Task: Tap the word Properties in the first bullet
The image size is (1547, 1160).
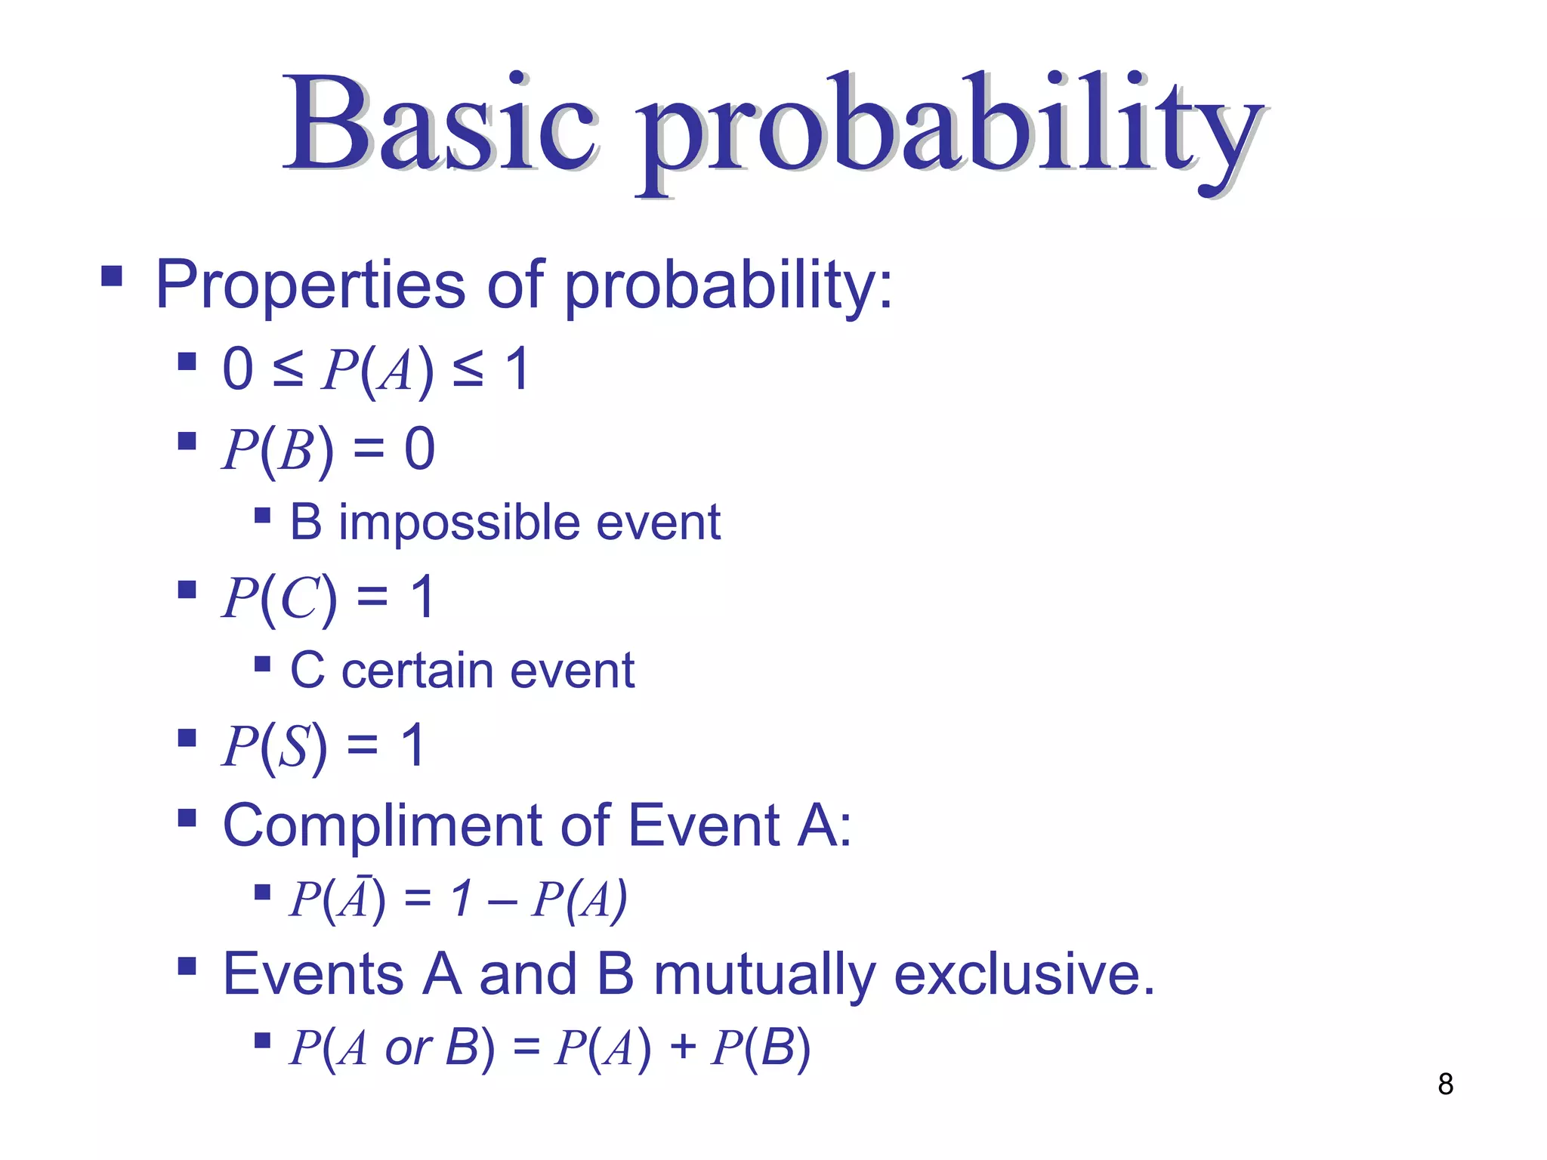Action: coord(310,285)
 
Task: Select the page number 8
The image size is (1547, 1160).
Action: coord(1445,1084)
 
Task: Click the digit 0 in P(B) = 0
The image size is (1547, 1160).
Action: coord(420,449)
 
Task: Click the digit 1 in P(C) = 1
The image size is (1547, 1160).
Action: coord(422,597)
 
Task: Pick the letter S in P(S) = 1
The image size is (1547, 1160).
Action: coord(293,746)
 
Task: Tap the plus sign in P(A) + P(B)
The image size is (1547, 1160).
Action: coord(682,1047)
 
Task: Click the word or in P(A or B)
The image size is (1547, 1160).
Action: coord(408,1048)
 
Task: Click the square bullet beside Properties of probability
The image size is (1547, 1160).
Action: coord(112,276)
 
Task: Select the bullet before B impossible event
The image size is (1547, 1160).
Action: coord(262,516)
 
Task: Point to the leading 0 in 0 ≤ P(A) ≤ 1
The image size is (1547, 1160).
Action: coord(238,369)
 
